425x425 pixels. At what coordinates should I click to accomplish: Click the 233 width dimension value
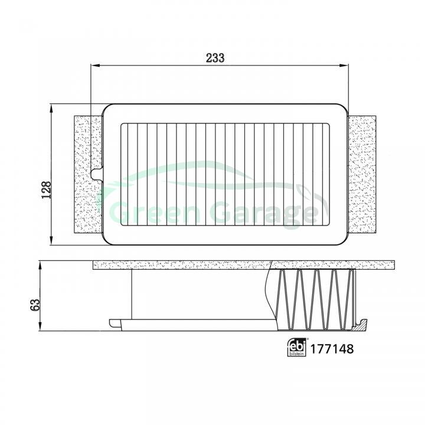pyautogui.click(x=215, y=58)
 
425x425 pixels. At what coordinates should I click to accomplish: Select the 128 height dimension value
pyautogui.click(x=47, y=189)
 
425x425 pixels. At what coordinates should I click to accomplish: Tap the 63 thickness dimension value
pyautogui.click(x=35, y=305)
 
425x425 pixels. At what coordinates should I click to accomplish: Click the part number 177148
pyautogui.click(x=332, y=349)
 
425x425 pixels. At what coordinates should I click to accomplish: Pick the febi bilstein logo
pyautogui.click(x=297, y=347)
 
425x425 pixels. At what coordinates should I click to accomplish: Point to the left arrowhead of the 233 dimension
pyautogui.click(x=96, y=66)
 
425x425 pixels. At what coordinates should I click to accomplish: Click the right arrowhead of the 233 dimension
pyautogui.click(x=344, y=66)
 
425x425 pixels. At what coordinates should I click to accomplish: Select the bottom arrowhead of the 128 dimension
pyautogui.click(x=51, y=240)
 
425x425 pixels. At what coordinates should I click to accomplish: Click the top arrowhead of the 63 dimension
pyautogui.click(x=40, y=266)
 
